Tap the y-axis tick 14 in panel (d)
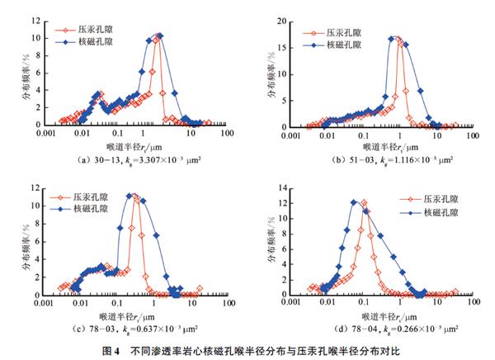pyautogui.click(x=280, y=190)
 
